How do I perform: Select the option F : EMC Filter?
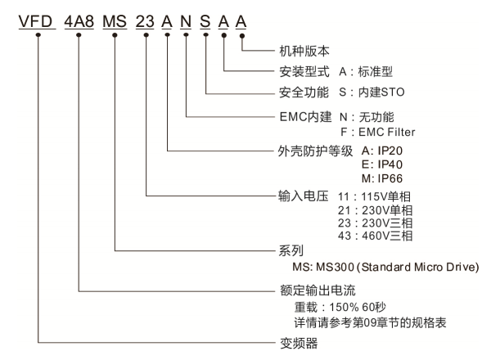coord(377,132)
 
